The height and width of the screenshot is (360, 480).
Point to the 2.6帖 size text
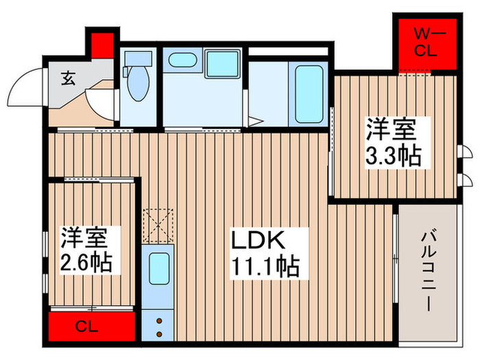[x=85, y=261]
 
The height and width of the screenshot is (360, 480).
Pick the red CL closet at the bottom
[x=92, y=326]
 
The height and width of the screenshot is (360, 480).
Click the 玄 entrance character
[x=69, y=78]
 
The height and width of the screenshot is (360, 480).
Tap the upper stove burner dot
[x=159, y=320]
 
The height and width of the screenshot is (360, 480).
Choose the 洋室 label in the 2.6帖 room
[x=85, y=237]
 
